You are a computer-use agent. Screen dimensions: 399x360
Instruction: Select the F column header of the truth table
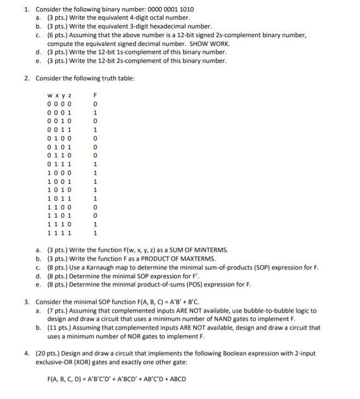coord(96,96)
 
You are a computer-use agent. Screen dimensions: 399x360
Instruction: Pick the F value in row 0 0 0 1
coord(96,113)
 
